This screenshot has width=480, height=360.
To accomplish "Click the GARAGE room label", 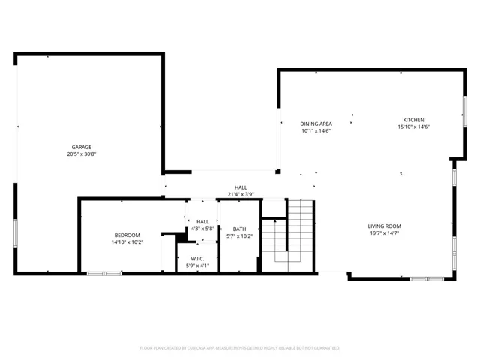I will pyautogui.click(x=82, y=147).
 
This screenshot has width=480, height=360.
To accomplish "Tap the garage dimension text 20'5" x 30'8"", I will pyautogui.click(x=82, y=154).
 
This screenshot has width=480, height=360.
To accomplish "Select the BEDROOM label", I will pyautogui.click(x=127, y=235).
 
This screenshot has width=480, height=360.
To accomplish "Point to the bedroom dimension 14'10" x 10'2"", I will pyautogui.click(x=127, y=242).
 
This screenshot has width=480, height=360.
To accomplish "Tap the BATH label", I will pyautogui.click(x=239, y=229).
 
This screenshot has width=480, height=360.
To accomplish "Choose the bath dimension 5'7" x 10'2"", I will pyautogui.click(x=239, y=237).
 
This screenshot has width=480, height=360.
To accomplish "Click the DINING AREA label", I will pyautogui.click(x=316, y=124).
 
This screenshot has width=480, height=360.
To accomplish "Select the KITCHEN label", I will pyautogui.click(x=413, y=120).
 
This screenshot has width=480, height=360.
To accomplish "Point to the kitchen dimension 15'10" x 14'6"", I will pyautogui.click(x=413, y=127).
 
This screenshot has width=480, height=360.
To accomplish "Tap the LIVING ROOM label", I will pyautogui.click(x=384, y=226).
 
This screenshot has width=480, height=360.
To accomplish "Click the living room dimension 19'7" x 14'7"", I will pyautogui.click(x=384, y=233).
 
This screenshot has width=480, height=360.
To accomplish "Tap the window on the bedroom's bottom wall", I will pyautogui.click(x=104, y=274).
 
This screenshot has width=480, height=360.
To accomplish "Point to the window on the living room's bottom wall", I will pyautogui.click(x=427, y=279).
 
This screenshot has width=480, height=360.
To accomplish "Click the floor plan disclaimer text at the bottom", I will pyautogui.click(x=240, y=348).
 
